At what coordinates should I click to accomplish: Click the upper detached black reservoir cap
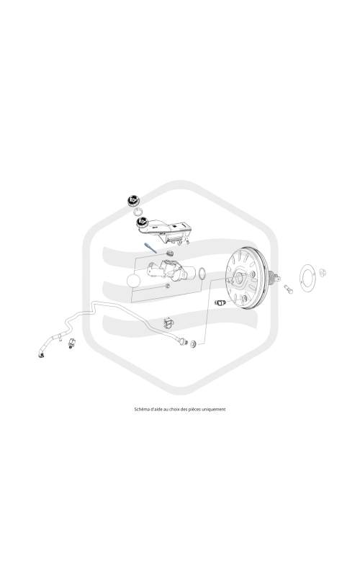click(x=132, y=201)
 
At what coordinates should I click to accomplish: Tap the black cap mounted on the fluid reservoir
click(x=142, y=222)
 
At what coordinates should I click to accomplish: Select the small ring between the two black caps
click(x=138, y=211)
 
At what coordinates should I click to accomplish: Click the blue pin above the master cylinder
click(x=150, y=247)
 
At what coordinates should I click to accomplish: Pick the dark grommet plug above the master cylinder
click(x=169, y=253)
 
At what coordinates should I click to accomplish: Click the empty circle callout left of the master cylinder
click(x=133, y=281)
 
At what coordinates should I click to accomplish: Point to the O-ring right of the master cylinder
click(x=202, y=274)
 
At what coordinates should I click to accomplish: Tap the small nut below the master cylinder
click(x=168, y=285)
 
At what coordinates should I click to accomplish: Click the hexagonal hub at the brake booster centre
click(x=240, y=276)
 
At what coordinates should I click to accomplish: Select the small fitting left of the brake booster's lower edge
click(x=220, y=302)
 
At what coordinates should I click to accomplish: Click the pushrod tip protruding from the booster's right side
click(x=276, y=277)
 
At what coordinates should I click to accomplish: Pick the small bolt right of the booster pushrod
click(x=289, y=289)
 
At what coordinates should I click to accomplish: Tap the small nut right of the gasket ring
click(x=323, y=273)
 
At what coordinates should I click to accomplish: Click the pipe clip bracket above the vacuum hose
click(x=168, y=323)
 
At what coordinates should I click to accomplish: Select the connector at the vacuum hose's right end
click(x=183, y=341)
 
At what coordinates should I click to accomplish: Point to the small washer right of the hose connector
click(x=193, y=344)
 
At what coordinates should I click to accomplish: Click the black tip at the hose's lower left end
click(x=41, y=354)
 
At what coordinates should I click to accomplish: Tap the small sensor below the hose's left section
click(x=71, y=343)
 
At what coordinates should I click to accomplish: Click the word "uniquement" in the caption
click(x=213, y=409)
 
